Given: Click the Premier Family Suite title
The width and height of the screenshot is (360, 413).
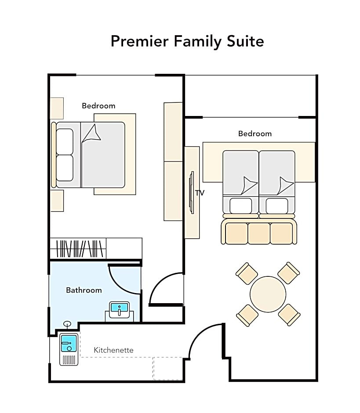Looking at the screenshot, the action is [187, 41].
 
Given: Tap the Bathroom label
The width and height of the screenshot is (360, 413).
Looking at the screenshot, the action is [84, 290].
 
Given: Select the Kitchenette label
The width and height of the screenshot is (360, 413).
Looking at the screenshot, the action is [113, 350].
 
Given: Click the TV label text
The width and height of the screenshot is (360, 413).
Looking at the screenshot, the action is [200, 193].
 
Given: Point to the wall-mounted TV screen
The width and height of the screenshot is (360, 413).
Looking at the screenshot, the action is [192, 192].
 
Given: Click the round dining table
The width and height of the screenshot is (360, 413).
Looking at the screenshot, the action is [268, 294].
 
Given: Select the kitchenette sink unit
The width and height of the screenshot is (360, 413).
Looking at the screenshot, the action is [69, 349].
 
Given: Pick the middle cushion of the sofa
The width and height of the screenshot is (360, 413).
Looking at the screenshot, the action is [259, 233].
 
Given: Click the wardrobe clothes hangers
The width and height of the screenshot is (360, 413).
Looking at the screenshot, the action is [80, 248].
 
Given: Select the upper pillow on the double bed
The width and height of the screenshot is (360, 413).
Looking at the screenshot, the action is [65, 142].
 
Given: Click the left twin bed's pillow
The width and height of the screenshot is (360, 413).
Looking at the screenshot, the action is [240, 206].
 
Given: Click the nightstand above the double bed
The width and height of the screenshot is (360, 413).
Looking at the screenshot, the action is [57, 108].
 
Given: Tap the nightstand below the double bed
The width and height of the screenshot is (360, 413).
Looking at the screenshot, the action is [57, 201].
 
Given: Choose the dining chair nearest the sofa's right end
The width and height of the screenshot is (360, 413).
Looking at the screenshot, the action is [289, 273].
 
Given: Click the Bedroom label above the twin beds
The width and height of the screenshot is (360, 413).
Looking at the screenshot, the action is [255, 134].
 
